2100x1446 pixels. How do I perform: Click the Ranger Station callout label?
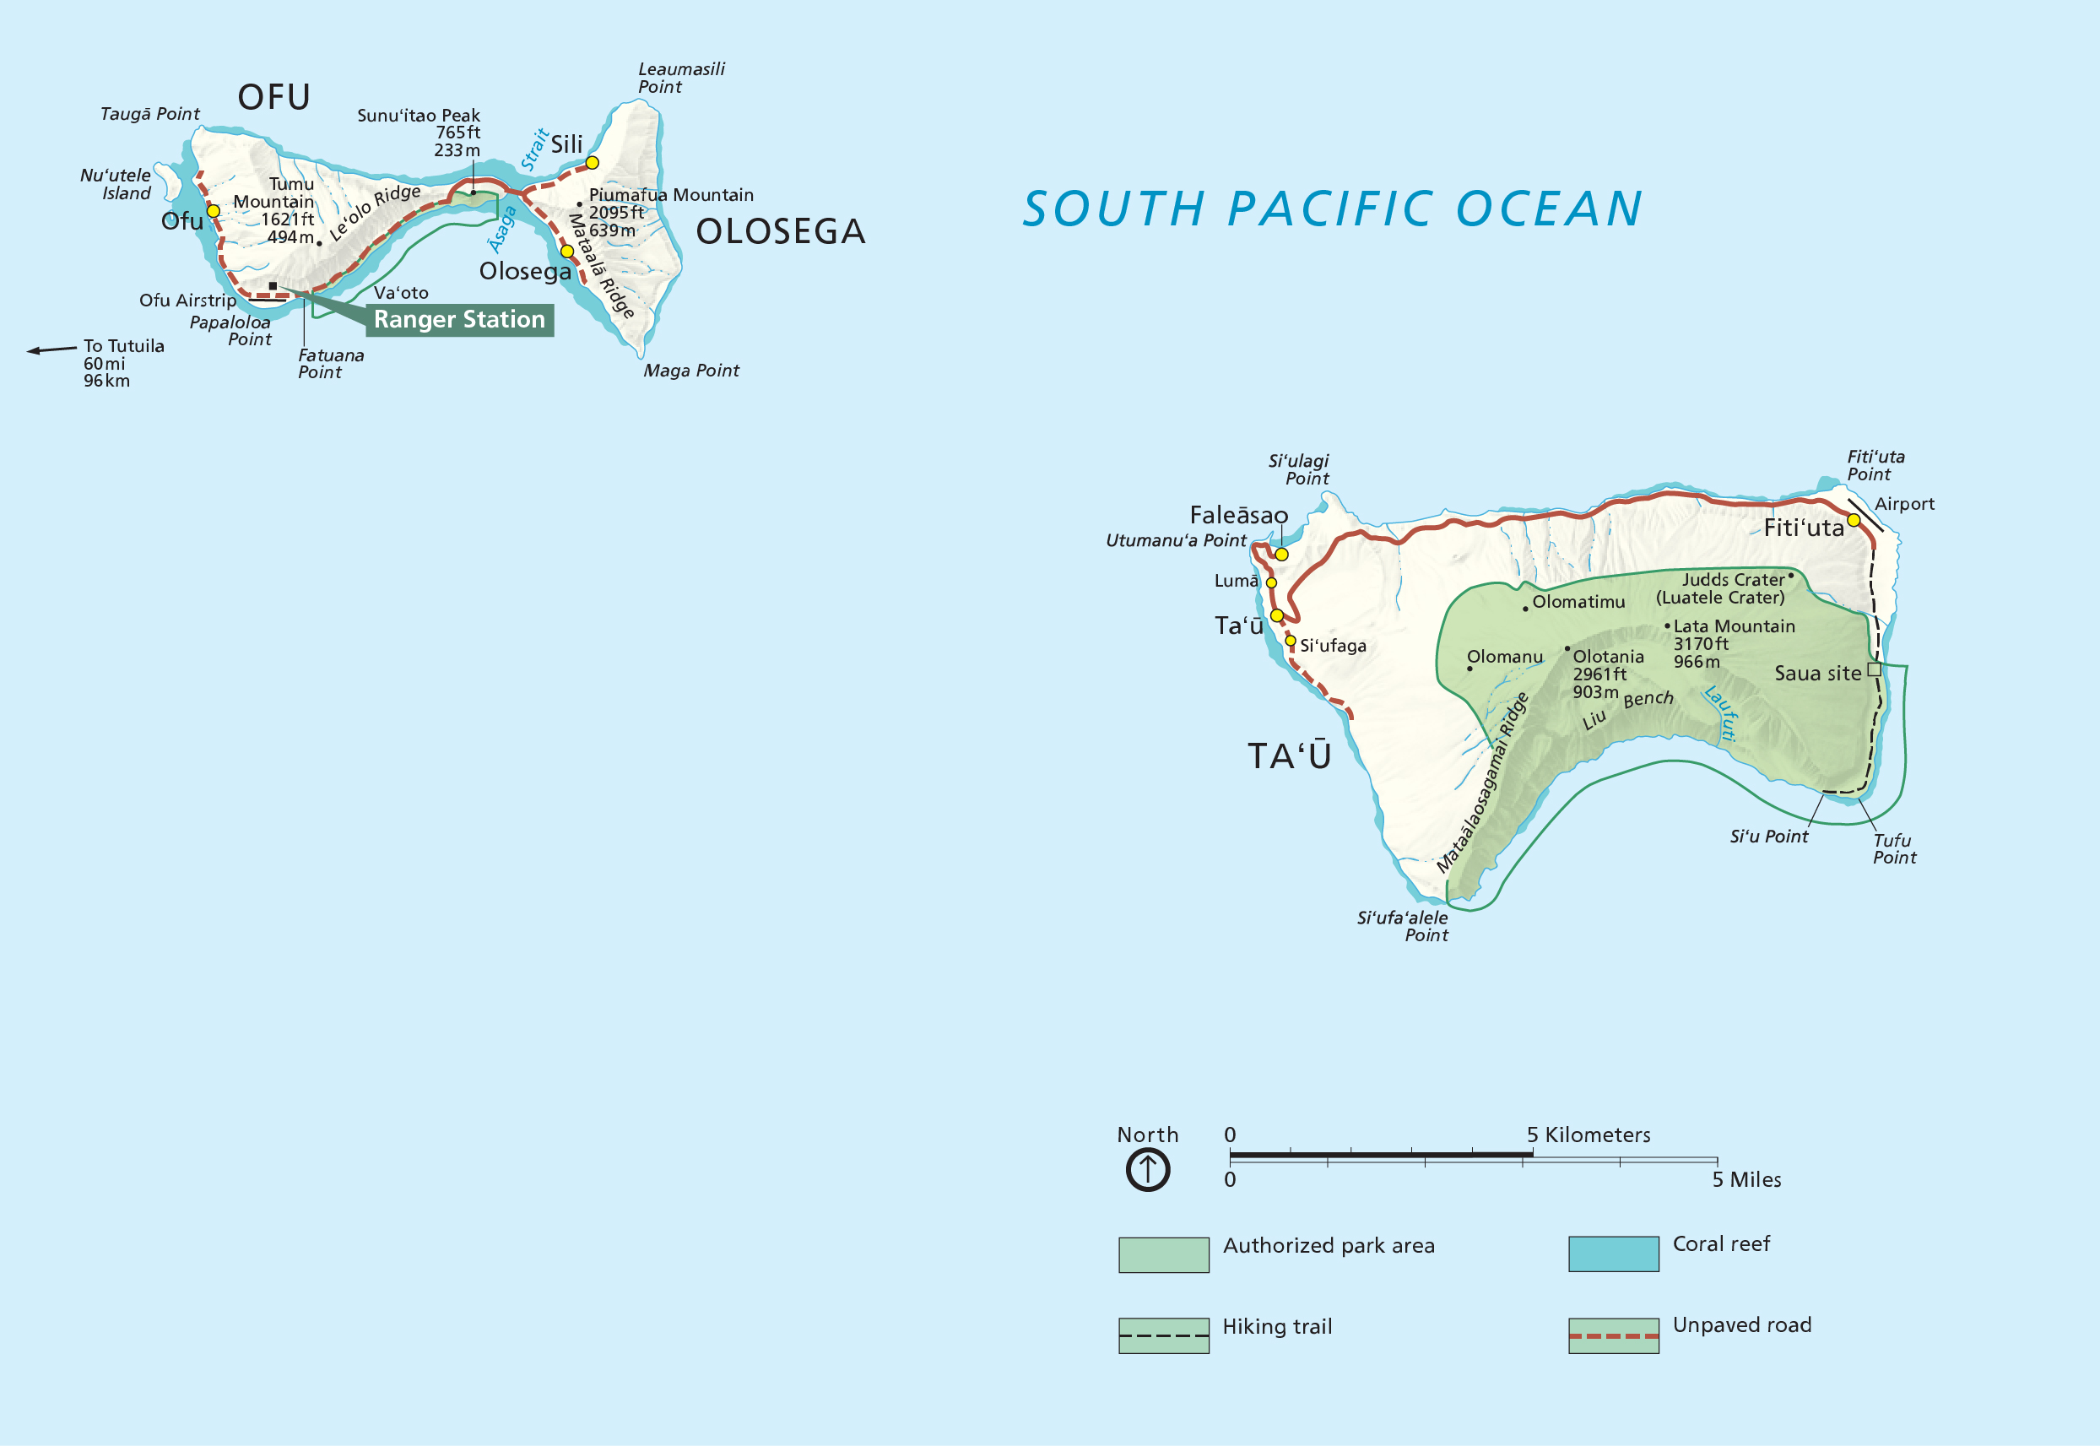(459, 320)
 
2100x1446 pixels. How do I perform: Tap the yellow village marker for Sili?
(592, 163)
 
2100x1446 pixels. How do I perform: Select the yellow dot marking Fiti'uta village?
(1854, 520)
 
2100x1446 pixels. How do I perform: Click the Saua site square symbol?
(1874, 669)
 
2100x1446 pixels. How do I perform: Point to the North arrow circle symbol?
(1147, 1170)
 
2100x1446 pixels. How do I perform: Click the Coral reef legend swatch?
(1614, 1254)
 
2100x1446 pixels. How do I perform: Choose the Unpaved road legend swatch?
(1614, 1335)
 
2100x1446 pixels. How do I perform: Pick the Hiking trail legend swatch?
(1163, 1335)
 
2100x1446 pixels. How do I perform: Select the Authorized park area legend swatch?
(1163, 1255)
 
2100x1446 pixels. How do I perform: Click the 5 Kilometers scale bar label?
(1589, 1135)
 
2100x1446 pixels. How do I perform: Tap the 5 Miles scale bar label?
(1745, 1179)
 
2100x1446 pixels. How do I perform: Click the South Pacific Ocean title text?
(1332, 209)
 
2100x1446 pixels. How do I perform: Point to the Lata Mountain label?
(1733, 626)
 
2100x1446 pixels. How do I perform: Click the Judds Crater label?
(1732, 580)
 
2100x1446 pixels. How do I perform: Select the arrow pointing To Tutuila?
(51, 349)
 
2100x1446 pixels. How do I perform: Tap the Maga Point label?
(691, 371)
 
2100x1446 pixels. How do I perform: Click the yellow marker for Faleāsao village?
(1281, 555)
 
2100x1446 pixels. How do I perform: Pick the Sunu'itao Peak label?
(419, 116)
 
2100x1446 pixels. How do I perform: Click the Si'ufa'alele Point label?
(1403, 926)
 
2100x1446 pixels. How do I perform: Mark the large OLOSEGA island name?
(780, 232)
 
